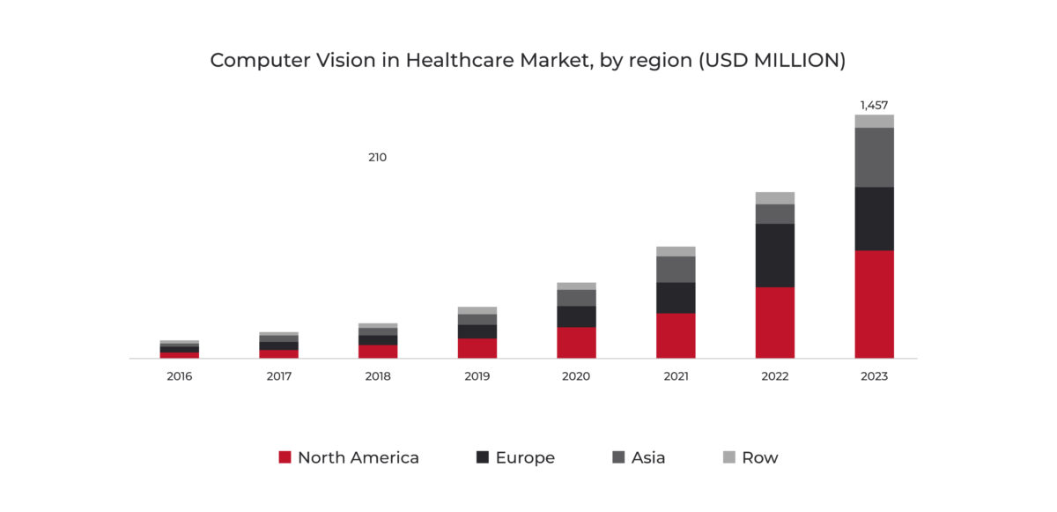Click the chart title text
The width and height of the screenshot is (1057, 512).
click(x=528, y=61)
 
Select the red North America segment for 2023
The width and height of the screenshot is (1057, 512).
click(x=874, y=304)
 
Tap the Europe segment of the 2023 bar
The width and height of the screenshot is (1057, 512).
click(x=874, y=219)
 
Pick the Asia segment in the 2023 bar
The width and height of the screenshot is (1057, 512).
click(x=874, y=157)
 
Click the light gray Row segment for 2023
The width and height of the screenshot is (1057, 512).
click(x=874, y=122)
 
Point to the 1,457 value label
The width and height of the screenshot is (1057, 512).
click(x=874, y=105)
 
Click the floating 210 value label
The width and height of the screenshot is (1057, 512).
click(x=377, y=158)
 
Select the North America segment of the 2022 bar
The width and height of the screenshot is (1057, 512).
click(x=774, y=323)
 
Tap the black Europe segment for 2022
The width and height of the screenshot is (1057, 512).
click(x=774, y=255)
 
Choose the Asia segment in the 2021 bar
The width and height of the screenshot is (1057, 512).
click(x=676, y=269)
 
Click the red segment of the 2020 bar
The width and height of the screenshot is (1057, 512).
click(x=576, y=343)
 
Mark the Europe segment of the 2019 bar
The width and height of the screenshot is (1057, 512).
click(x=477, y=331)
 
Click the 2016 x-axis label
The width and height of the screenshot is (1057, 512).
click(x=179, y=376)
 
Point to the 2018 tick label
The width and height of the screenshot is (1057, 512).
click(x=377, y=376)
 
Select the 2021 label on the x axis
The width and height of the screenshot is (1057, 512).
click(x=676, y=376)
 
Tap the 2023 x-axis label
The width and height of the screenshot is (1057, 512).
click(x=874, y=376)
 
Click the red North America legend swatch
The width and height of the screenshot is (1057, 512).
click(x=285, y=457)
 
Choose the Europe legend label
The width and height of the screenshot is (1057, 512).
click(x=525, y=457)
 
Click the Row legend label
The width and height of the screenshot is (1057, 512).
click(x=759, y=457)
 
